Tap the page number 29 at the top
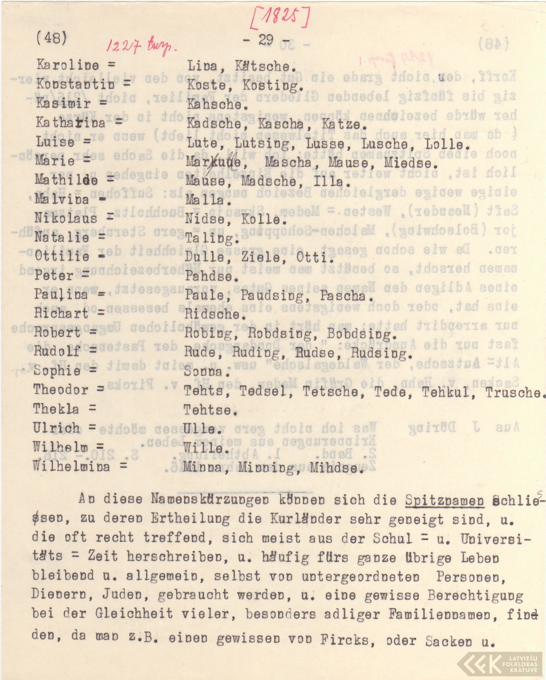[266, 40]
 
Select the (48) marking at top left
[51, 38]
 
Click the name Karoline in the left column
[68, 65]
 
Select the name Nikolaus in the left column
[65, 218]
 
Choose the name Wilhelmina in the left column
[71, 466]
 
